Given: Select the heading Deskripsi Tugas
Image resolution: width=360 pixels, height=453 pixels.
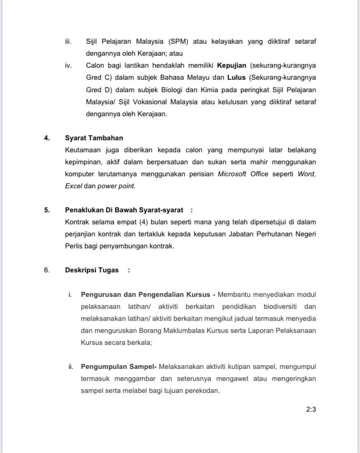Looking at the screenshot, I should point(92,270).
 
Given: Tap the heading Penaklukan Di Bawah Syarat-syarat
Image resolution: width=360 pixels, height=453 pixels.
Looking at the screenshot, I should point(124,210).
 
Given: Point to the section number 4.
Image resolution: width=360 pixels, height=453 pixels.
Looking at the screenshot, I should point(47,138).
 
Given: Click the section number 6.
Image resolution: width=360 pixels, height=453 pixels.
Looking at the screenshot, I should point(47,270).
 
